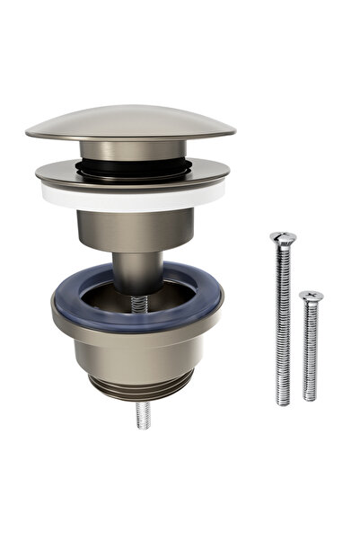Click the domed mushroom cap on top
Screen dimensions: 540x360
pyautogui.click(x=130, y=120)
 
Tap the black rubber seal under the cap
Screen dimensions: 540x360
pyautogui.click(x=131, y=165)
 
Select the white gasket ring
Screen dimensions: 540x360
pyautogui.click(x=131, y=198)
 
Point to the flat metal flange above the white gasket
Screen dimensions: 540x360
pyautogui.click(x=132, y=174)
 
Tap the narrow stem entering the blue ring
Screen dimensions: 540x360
pyautogui.click(x=137, y=270)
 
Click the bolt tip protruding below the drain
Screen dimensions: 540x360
pyautogui.click(x=143, y=415)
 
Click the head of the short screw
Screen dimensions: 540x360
pyautogui.click(x=312, y=296)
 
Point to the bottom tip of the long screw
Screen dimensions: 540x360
pyautogui.click(x=285, y=402)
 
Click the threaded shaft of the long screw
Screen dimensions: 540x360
pyautogui.click(x=284, y=323)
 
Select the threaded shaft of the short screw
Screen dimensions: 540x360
pyautogui.click(x=311, y=350)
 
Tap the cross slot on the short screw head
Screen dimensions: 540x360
pyautogui.click(x=312, y=294)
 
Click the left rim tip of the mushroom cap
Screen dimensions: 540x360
pyautogui.click(x=30, y=133)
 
